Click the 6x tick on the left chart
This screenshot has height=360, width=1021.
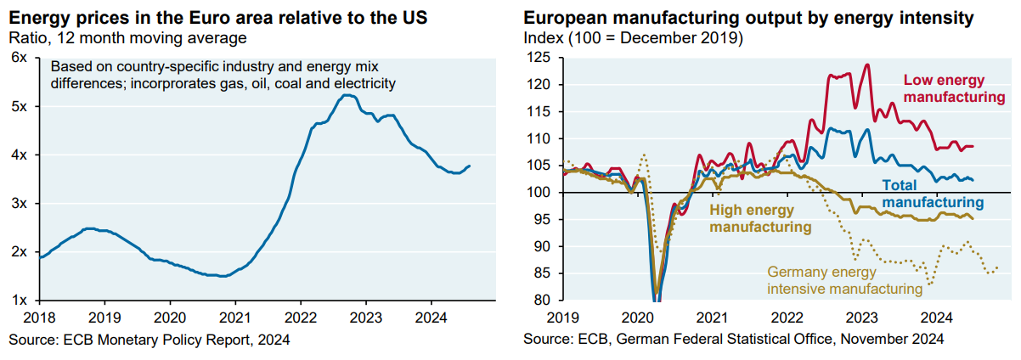point(19,57)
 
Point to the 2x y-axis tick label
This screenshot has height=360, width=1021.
point(19,252)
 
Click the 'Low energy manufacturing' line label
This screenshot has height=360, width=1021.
point(954,88)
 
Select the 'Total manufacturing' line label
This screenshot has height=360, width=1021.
point(933,193)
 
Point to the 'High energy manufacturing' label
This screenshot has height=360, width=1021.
point(760,218)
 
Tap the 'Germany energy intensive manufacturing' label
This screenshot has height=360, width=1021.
point(844,280)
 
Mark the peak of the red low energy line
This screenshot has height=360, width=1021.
point(866,65)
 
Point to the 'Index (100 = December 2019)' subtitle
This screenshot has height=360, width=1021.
point(633,37)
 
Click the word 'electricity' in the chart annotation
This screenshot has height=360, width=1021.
point(364,83)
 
